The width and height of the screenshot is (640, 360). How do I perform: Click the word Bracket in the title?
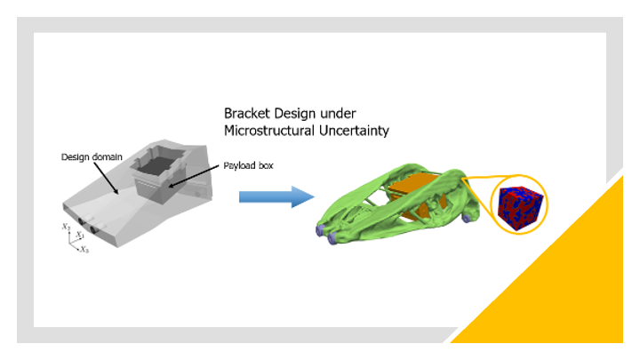pyautogui.click(x=247, y=114)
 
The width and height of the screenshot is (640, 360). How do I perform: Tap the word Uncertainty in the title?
pyautogui.click(x=355, y=131)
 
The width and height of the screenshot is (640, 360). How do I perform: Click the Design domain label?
pyautogui.click(x=92, y=157)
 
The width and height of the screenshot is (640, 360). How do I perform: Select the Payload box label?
pyautogui.click(x=248, y=165)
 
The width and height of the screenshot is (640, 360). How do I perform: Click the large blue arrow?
pyautogui.click(x=276, y=196)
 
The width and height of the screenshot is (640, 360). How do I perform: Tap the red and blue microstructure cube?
pyautogui.click(x=520, y=208)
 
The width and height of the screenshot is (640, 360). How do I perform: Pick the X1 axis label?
pyautogui.click(x=80, y=235)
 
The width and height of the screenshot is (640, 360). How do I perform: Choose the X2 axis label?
pyautogui.click(x=66, y=226)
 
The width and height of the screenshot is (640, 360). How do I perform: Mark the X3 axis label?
pyautogui.click(x=84, y=250)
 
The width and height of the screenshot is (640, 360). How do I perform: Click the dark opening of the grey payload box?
pyautogui.click(x=156, y=165)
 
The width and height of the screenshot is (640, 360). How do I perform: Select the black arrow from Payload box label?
pyautogui.click(x=195, y=176)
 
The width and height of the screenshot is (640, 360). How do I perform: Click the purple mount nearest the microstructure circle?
pyautogui.click(x=467, y=219)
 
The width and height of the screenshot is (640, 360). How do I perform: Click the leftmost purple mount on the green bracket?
pyautogui.click(x=320, y=230)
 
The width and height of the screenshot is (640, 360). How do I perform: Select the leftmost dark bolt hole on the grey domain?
pyautogui.click(x=81, y=221)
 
